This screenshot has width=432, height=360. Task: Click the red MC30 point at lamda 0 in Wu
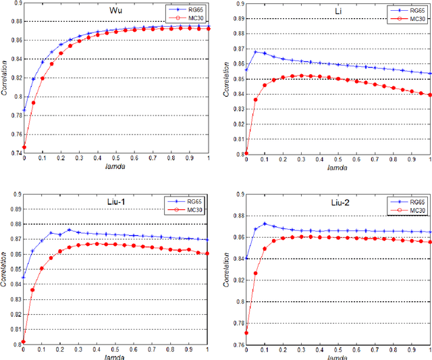(x=24, y=147)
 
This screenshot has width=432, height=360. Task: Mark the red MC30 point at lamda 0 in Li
(x=246, y=153)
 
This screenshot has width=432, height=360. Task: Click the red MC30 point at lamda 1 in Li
(x=430, y=95)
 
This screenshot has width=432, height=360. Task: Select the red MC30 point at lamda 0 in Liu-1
(x=24, y=342)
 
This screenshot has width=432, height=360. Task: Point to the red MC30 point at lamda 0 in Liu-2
(x=246, y=333)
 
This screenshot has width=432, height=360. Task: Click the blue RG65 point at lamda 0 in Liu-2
(x=246, y=258)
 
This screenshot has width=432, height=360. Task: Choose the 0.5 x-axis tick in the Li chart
(x=337, y=161)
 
